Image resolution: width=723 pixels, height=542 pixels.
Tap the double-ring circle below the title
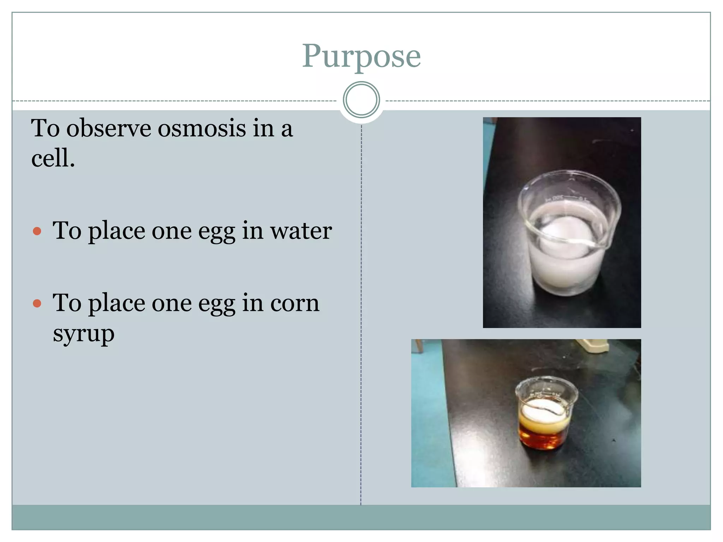coord(361,100)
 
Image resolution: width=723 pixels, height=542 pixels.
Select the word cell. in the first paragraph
coord(53,158)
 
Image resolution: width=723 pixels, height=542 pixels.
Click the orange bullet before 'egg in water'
coord(37,231)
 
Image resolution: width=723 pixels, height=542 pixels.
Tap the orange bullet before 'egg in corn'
coord(37,303)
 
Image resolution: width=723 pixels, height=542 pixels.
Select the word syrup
coord(84,334)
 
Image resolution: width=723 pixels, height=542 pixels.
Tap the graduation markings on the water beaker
coord(565,198)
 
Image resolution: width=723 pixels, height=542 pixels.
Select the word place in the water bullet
coord(116,231)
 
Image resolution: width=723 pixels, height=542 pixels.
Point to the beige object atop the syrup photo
coord(593,345)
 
